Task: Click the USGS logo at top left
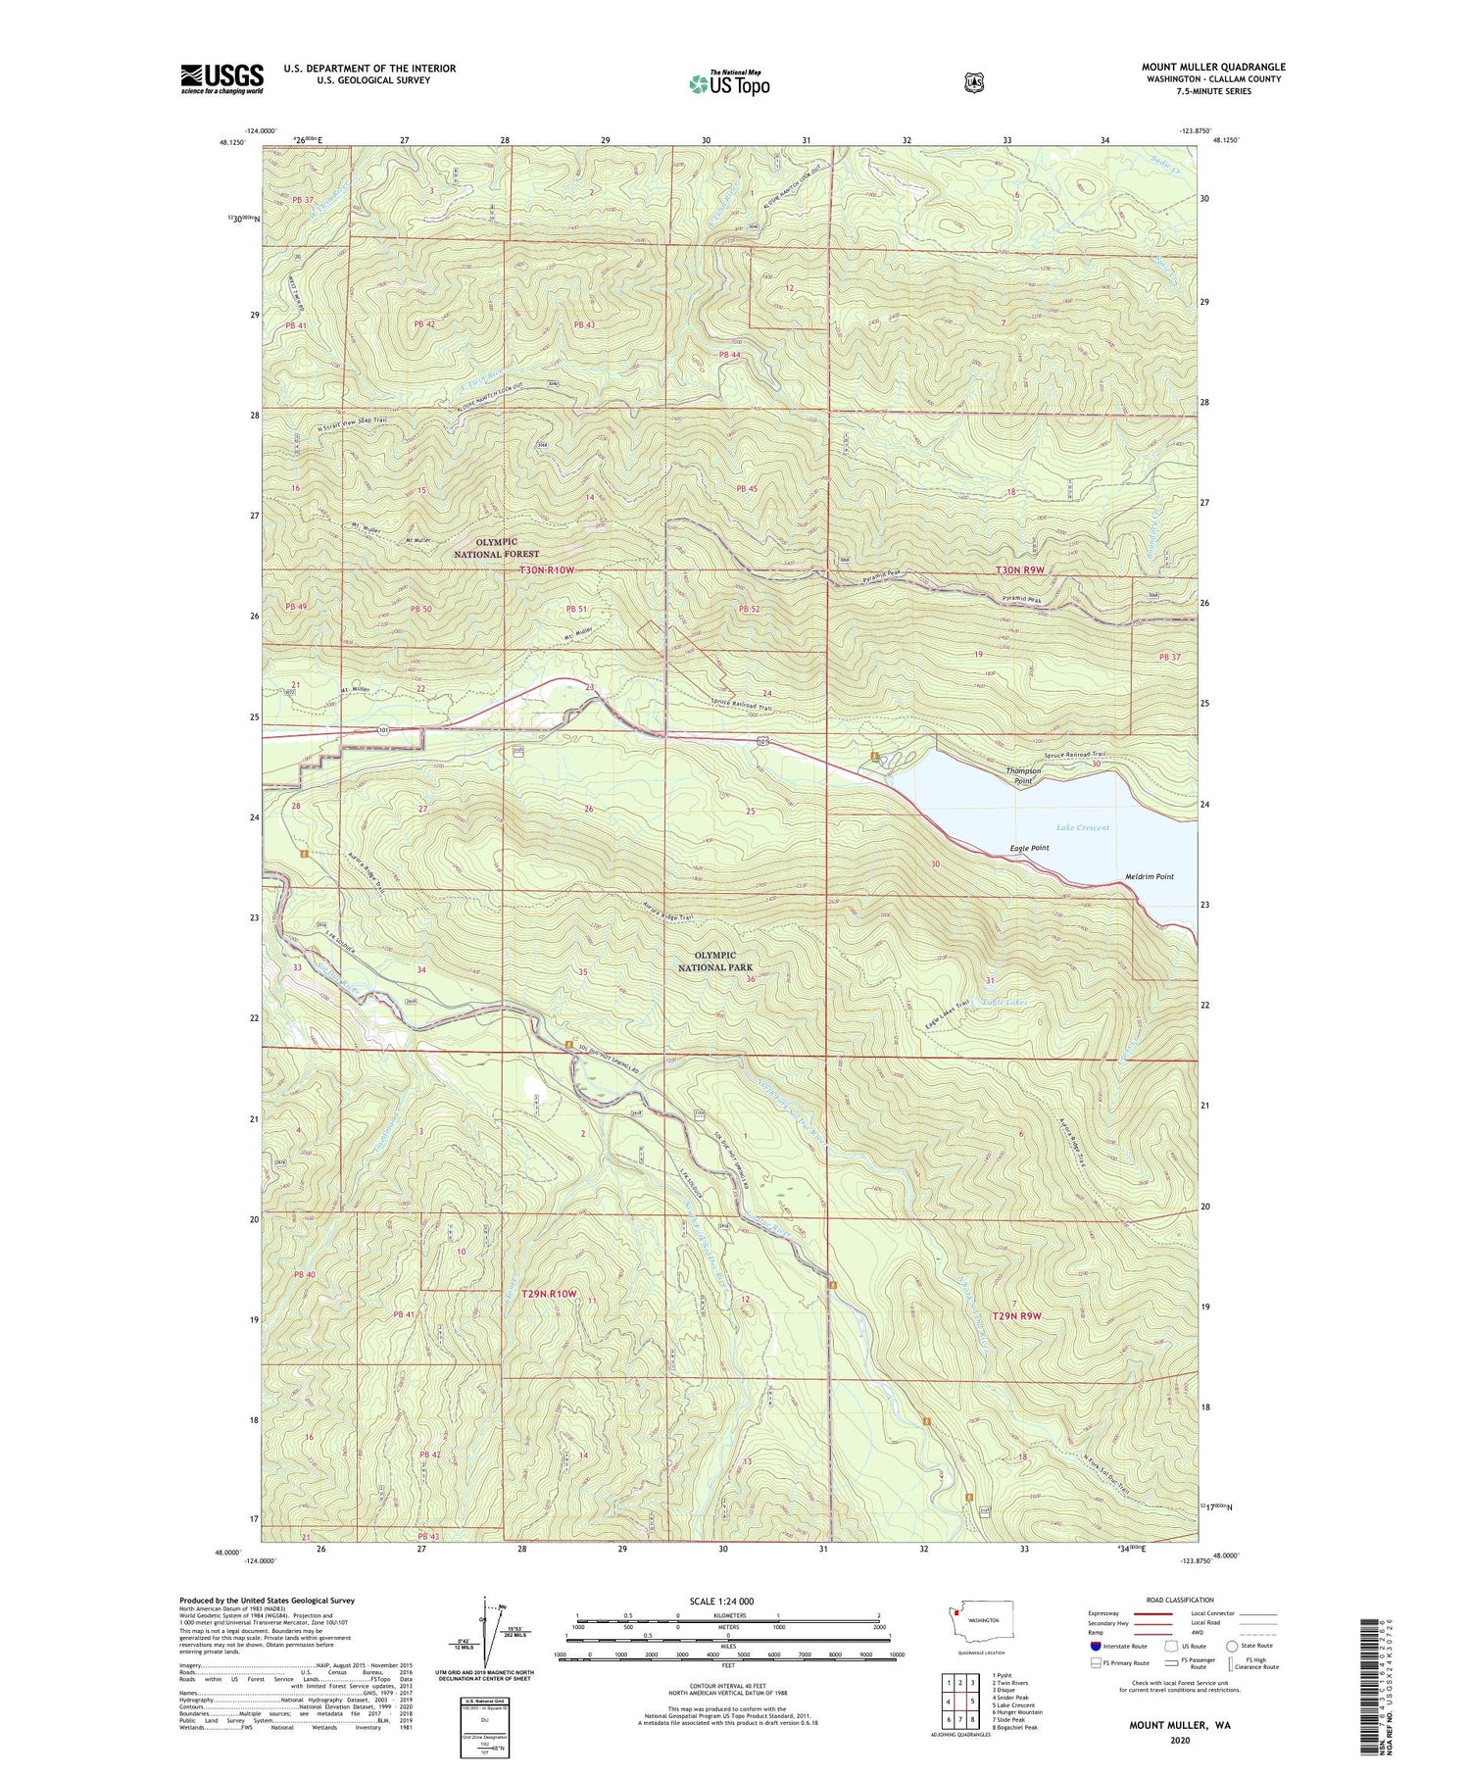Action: [x=221, y=78]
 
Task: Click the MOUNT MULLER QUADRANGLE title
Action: [x=1213, y=67]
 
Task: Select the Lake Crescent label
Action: [x=1080, y=827]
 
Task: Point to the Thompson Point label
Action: [x=1022, y=775]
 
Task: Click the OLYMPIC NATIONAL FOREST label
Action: [x=496, y=548]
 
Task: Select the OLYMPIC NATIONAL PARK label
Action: [x=714, y=961]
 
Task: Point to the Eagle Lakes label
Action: [x=1003, y=1003]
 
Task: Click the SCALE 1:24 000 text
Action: [x=721, y=1601]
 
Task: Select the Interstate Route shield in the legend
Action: [x=1095, y=1646]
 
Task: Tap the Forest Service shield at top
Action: [x=973, y=83]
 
